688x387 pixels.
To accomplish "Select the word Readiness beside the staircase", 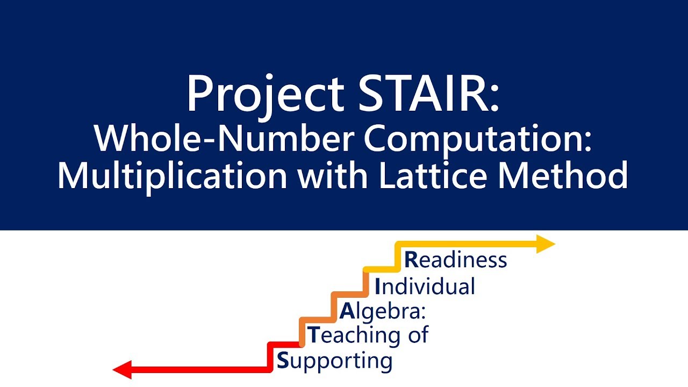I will point(456,260).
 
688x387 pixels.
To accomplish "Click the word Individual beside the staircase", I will point(425,286).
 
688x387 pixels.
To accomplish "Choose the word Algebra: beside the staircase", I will point(382,311).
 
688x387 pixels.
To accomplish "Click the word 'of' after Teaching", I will point(417,335).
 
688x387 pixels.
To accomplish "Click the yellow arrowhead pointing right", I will point(546,245).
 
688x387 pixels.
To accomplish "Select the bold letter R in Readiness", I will point(411,260).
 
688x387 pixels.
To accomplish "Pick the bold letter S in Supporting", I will point(282,360).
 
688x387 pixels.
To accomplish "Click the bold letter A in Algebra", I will point(347,311).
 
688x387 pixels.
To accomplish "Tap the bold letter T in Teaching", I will point(313,335).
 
